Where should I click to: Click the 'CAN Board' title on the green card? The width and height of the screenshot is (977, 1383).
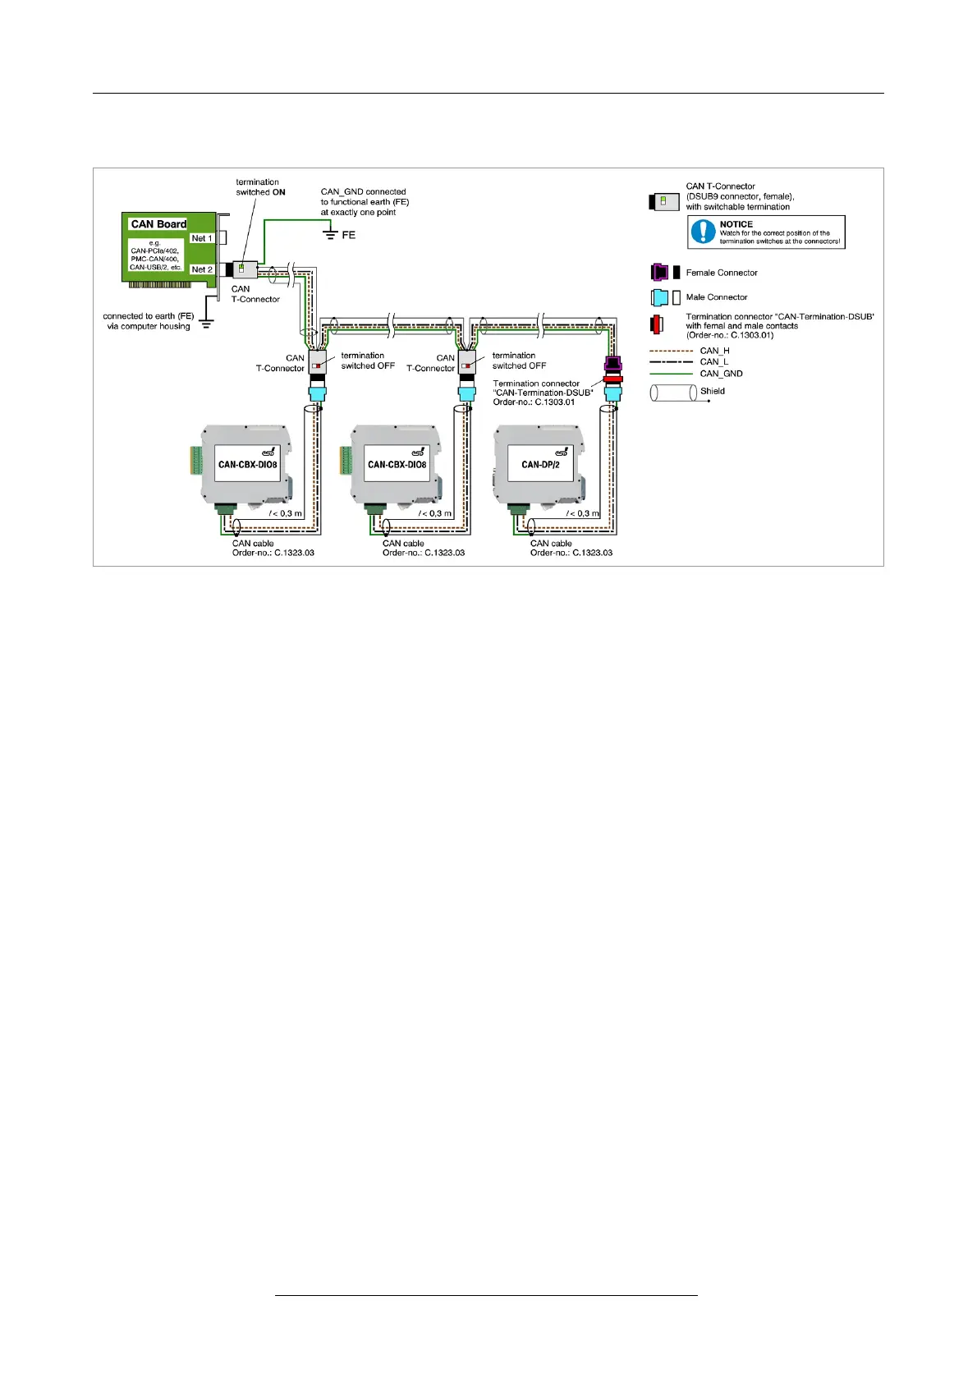[x=158, y=224]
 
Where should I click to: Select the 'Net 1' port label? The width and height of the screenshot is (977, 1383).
[x=201, y=238]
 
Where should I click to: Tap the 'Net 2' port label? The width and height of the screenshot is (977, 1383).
[x=201, y=269]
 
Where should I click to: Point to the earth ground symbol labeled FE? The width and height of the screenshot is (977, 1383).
[x=331, y=236]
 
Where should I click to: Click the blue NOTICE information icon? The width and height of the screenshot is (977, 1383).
[x=703, y=232]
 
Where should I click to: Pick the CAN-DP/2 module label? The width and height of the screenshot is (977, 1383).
[x=540, y=465]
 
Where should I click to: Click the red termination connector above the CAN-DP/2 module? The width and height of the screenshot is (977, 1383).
[x=612, y=379]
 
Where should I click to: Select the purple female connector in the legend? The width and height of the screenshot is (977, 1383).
[x=659, y=273]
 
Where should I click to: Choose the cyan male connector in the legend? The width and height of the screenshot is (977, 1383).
[x=659, y=297]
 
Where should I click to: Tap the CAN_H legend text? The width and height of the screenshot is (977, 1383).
[x=714, y=351]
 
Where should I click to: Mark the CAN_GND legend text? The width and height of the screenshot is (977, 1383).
[x=721, y=374]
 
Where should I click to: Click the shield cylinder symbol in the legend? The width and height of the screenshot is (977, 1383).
[x=673, y=393]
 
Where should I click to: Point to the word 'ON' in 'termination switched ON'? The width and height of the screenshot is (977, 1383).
[x=279, y=192]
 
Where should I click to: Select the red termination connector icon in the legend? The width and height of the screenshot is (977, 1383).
[x=656, y=325]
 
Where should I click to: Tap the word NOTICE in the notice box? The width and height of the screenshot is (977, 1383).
[x=736, y=224]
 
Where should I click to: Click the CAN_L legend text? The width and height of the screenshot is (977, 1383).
[x=713, y=362]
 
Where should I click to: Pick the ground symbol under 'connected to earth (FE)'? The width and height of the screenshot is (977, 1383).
[x=207, y=323]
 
